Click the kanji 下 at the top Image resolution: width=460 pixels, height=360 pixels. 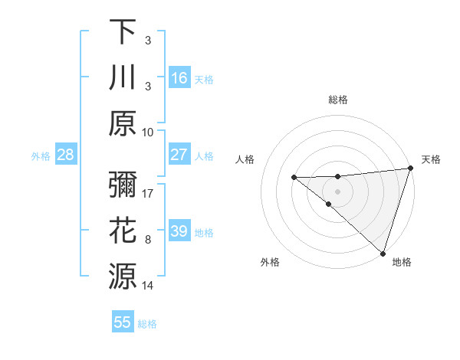123,32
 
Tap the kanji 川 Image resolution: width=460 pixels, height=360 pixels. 123,78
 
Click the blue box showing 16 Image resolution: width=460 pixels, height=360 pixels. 179,78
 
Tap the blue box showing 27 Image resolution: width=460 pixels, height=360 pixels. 179,155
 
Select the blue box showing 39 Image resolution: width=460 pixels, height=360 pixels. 179,231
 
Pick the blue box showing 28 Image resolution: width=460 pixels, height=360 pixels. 66,155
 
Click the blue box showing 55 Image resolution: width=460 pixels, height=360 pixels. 123,322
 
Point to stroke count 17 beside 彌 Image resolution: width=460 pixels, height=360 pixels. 148,194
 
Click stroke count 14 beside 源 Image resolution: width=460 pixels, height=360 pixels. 148,286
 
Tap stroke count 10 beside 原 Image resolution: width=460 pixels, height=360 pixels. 148,132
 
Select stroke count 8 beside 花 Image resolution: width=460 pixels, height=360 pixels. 148,240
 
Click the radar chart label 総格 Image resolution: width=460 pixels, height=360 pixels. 337,100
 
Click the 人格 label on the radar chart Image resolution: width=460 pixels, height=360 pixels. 245,159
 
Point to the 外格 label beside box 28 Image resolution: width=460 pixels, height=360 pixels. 41,156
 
